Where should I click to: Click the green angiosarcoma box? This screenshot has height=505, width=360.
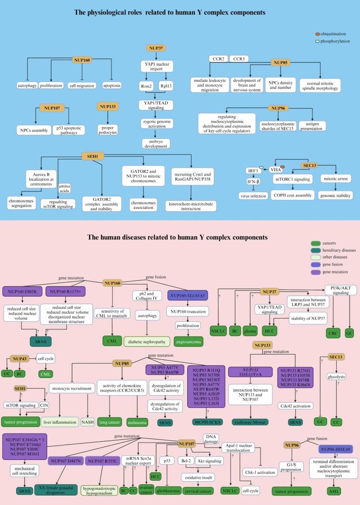185,342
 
